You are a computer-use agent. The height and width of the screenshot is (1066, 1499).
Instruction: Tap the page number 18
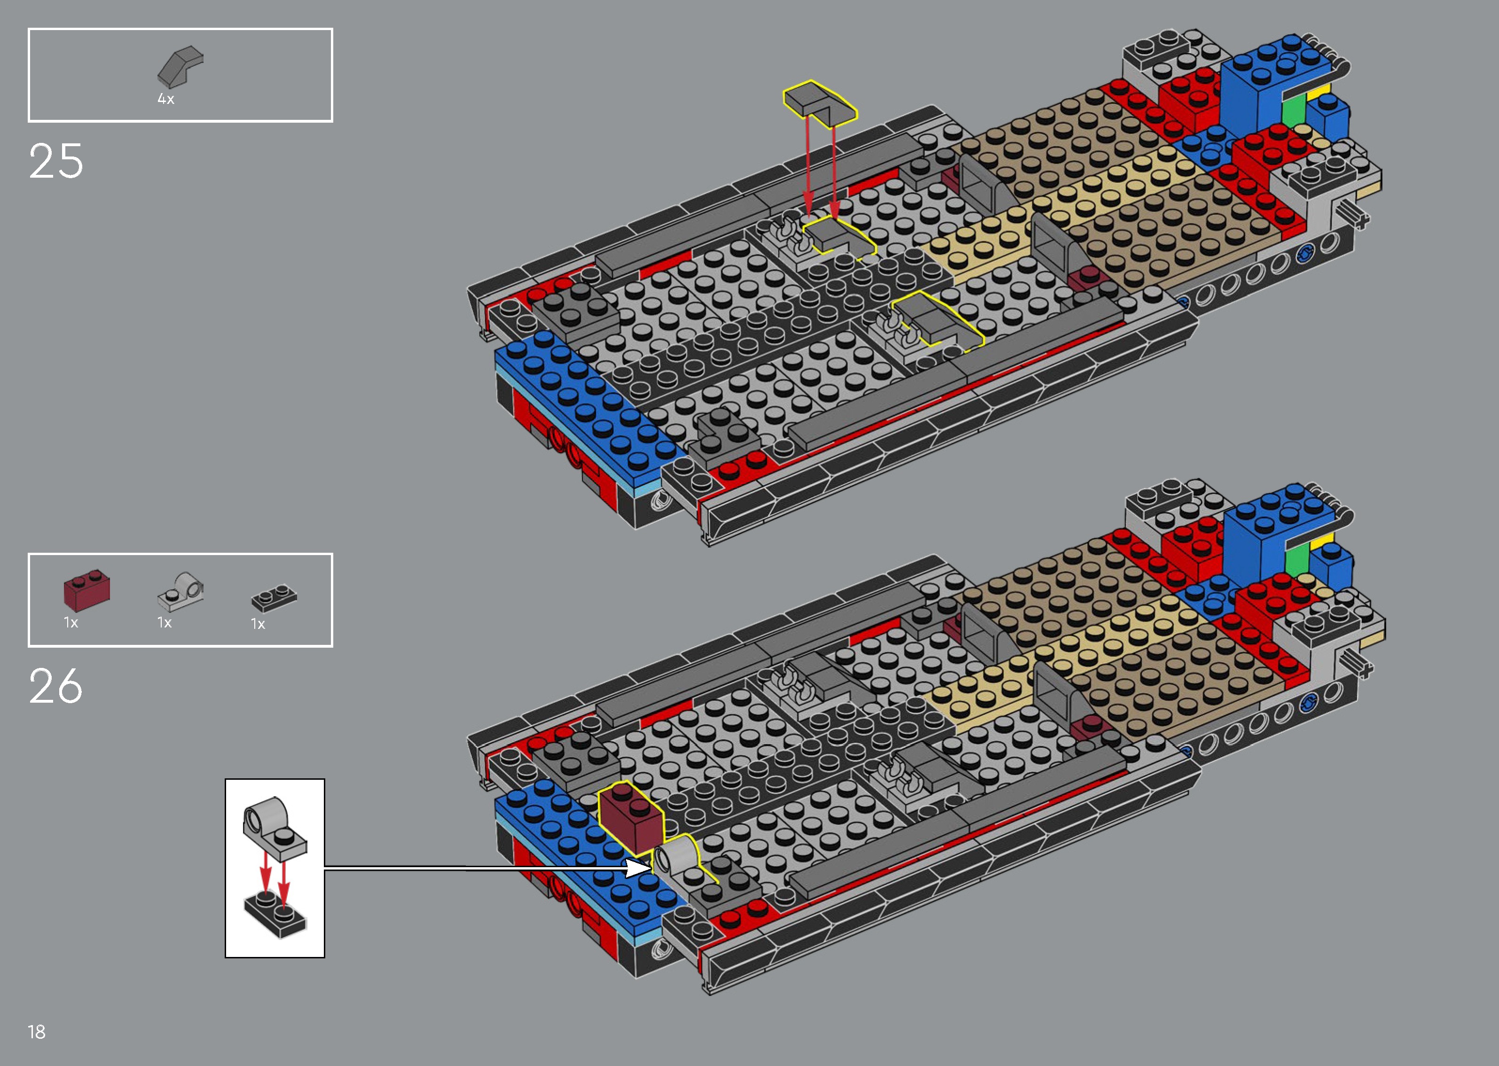click(x=37, y=1031)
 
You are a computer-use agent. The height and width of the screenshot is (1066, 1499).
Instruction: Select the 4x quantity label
click(x=165, y=99)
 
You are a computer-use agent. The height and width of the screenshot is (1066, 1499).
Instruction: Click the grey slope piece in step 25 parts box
click(x=181, y=66)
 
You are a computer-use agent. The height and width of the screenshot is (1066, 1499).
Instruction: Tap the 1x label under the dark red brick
click(x=71, y=622)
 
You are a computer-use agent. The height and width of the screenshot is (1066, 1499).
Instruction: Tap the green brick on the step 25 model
click(x=1294, y=111)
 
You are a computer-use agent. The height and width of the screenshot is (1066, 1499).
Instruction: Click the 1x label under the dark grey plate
click(x=258, y=624)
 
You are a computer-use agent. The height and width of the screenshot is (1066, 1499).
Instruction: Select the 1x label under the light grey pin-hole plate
click(x=164, y=622)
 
